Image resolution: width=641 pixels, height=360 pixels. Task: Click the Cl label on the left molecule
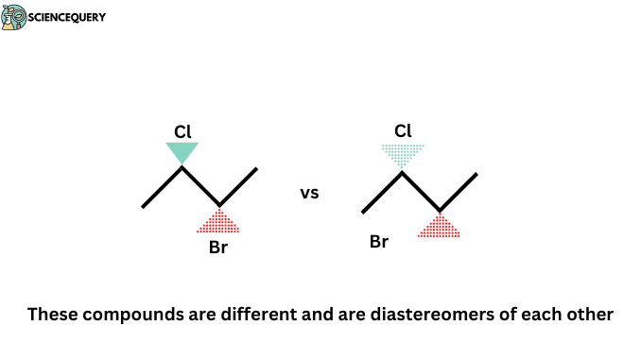pos(182,130)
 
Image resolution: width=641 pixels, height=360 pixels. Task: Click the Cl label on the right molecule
pos(403,130)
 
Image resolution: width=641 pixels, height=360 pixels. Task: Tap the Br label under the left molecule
pos(218,249)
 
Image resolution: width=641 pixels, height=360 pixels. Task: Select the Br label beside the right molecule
pos(379,242)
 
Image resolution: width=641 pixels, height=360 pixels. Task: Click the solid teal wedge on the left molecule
pos(182,152)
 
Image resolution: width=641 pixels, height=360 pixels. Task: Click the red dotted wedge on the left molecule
pos(218,222)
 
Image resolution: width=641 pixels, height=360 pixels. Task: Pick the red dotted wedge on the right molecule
pos(439,226)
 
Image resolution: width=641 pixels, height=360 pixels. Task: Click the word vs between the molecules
pos(309,193)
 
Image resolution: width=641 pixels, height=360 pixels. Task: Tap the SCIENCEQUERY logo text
pos(68,17)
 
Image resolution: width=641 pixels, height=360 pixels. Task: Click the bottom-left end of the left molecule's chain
pos(144,206)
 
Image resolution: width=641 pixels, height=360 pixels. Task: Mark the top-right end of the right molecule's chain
pos(476,175)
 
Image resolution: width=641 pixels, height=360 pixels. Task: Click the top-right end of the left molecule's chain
pos(256,170)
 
